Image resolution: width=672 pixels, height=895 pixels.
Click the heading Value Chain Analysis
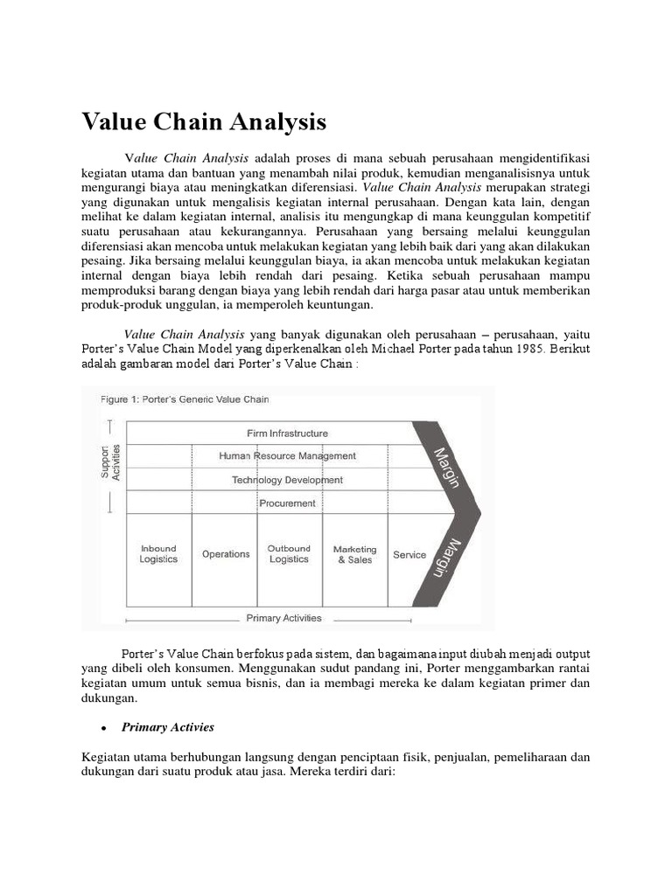[204, 121]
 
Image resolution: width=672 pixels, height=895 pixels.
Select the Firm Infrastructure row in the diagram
[287, 433]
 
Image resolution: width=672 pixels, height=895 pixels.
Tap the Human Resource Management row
[287, 455]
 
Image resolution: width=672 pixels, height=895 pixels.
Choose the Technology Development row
[287, 480]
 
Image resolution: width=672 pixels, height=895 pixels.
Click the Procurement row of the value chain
[287, 503]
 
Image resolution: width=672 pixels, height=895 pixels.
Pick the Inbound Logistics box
[158, 554]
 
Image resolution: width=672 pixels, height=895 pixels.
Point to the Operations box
[226, 554]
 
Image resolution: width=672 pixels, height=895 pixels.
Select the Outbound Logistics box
[289, 554]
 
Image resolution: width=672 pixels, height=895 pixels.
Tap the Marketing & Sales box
[354, 554]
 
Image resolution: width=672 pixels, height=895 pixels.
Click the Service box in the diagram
[409, 554]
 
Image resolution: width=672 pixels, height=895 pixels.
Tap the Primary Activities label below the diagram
[283, 618]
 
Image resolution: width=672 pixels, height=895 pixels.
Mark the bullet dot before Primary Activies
[103, 728]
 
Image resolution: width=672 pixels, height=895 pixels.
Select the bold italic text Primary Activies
[168, 727]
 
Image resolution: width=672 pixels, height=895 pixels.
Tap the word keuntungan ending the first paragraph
[337, 305]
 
